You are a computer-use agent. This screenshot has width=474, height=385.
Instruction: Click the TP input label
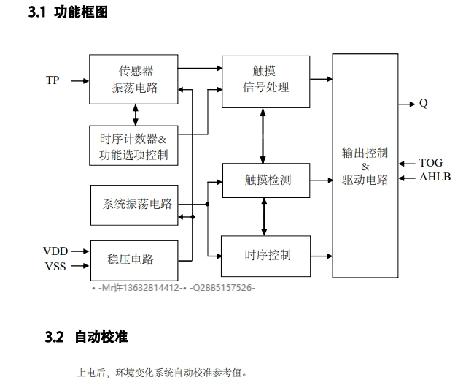tap(53, 80)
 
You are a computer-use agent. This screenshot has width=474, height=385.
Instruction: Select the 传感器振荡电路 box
tap(135, 80)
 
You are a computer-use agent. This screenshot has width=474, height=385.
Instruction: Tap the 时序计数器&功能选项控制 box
tap(133, 145)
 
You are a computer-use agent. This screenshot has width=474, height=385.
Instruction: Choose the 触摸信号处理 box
tap(265, 80)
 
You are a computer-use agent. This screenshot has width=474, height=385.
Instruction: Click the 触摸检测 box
tap(267, 179)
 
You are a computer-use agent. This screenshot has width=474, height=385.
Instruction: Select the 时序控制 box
tap(267, 255)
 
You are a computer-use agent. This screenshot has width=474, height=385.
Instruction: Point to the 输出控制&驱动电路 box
tap(365, 166)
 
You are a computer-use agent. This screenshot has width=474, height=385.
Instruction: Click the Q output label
tap(424, 103)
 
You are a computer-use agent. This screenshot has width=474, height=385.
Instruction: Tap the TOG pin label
tap(430, 163)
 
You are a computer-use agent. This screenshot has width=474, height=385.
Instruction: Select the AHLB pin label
tap(435, 177)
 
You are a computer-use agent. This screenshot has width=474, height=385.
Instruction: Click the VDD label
tap(55, 252)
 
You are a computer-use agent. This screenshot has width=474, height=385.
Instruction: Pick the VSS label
tap(55, 266)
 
